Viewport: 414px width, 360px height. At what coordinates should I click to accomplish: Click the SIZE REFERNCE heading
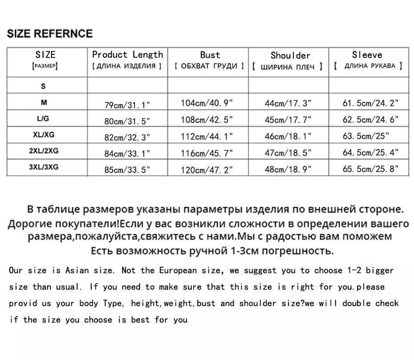coord(50,33)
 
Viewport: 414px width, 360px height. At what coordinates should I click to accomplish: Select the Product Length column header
coord(127,55)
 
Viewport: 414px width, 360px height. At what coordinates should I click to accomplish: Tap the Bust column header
coord(210,55)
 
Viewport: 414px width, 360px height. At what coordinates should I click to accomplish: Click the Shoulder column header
coord(290,56)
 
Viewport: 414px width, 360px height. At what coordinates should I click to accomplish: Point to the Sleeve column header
coord(367,55)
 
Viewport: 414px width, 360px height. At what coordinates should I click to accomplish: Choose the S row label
coord(44,86)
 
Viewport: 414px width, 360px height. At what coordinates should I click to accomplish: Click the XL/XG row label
coord(44,135)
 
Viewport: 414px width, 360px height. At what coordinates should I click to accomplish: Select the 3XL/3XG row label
coord(44,167)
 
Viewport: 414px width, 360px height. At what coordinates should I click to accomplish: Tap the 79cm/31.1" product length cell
coord(127,105)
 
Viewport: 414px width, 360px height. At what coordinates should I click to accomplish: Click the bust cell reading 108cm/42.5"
coord(207,120)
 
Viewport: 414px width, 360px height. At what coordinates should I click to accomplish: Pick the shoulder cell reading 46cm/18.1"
coord(288,136)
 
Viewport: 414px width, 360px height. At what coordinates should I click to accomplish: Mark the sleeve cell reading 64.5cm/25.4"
coord(370,153)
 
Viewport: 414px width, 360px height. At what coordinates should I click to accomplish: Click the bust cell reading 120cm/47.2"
coord(207,169)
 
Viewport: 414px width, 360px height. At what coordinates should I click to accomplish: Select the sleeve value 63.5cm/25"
coord(365,136)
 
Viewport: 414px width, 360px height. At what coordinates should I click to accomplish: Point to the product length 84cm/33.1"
coord(127,154)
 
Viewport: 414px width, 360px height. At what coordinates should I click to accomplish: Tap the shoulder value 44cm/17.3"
coord(288,103)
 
